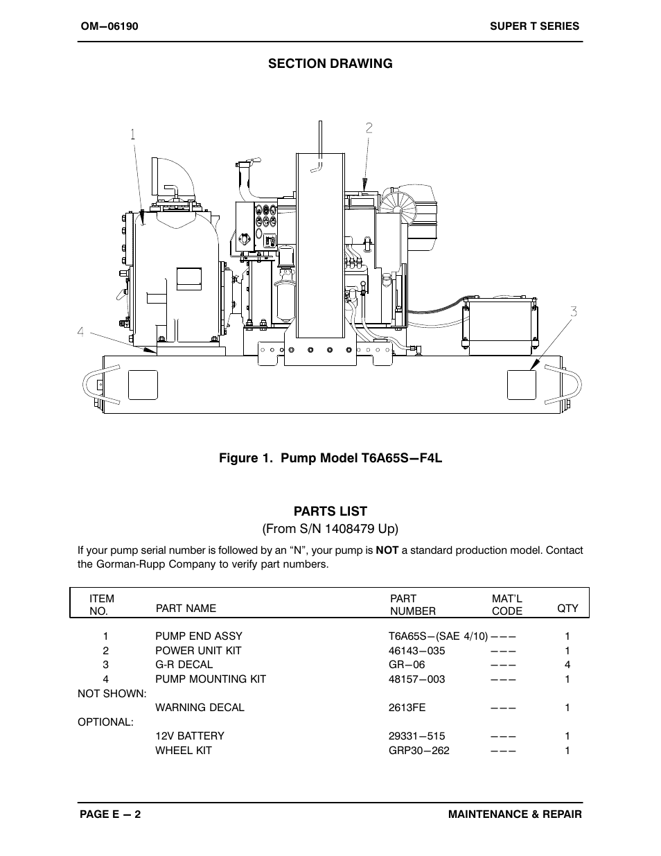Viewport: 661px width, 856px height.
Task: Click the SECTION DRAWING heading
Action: [x=330, y=64]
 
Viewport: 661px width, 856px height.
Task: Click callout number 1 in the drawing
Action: [x=132, y=135]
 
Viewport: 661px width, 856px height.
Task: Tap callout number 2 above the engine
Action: [x=369, y=128]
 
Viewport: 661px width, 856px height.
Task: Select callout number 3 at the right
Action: [x=574, y=312]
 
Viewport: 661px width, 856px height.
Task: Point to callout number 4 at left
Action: [x=81, y=332]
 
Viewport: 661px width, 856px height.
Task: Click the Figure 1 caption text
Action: [x=330, y=458]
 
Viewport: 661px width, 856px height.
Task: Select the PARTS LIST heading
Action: [x=330, y=512]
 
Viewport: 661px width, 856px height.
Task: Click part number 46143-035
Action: [x=416, y=651]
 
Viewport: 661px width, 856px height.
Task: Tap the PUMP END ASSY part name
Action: [x=198, y=636]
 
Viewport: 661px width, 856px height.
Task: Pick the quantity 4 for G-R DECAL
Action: [x=567, y=665]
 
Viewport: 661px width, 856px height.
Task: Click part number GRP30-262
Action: [x=418, y=751]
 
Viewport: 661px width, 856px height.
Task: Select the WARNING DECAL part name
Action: [x=200, y=708]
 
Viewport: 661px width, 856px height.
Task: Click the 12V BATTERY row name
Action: [x=189, y=736]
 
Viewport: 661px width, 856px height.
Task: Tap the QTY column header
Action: [x=567, y=608]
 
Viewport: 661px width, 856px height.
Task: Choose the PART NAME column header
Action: [x=186, y=608]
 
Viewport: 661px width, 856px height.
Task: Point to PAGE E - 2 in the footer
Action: [x=110, y=815]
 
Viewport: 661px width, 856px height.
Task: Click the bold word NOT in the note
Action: [x=387, y=550]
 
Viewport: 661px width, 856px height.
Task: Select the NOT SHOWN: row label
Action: [x=112, y=693]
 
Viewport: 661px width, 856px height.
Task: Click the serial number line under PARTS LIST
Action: [x=330, y=529]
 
